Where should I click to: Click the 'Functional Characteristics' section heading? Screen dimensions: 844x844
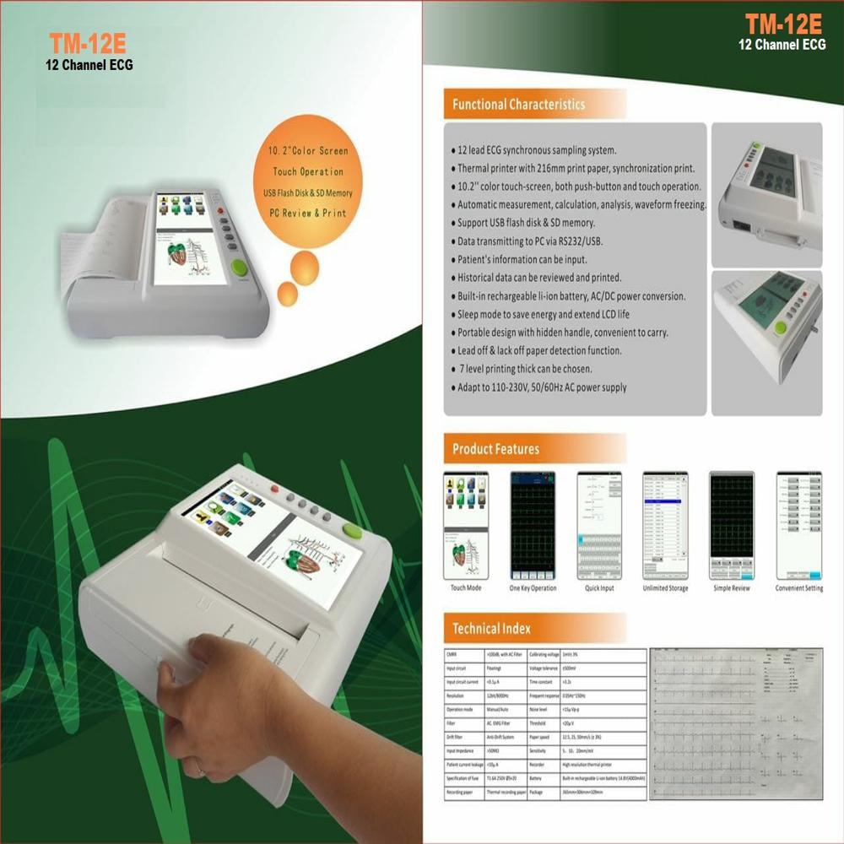pos(518,105)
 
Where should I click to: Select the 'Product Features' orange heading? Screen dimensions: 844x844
pos(495,449)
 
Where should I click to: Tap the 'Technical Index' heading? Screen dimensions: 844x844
pos(491,628)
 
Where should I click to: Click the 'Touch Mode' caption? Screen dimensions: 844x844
pos(466,588)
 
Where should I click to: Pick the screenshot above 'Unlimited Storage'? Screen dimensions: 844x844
pos(665,525)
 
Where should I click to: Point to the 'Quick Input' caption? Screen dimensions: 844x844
pos(598,588)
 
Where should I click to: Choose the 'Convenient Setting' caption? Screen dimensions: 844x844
pos(798,588)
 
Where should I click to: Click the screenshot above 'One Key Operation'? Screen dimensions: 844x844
pos(533,525)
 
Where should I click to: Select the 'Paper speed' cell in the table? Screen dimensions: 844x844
pos(544,735)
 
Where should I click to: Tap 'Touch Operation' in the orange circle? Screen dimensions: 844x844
pos(308,171)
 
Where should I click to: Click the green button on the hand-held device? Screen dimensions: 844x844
pos(351,531)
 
